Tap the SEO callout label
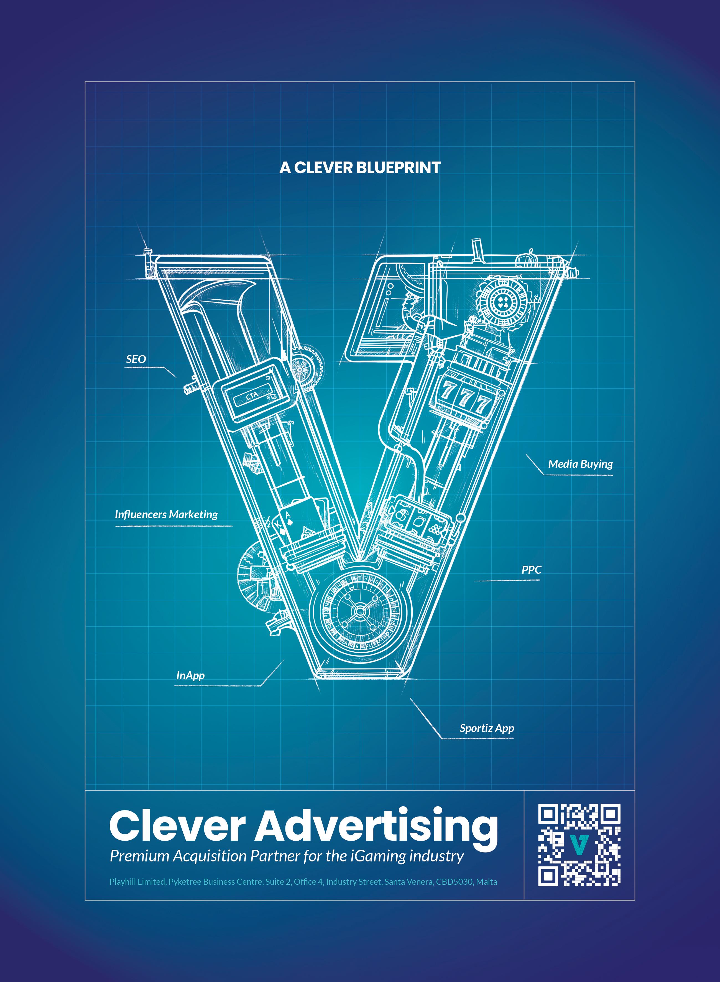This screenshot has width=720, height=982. pos(136,359)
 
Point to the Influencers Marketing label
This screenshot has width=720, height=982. pos(166,514)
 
